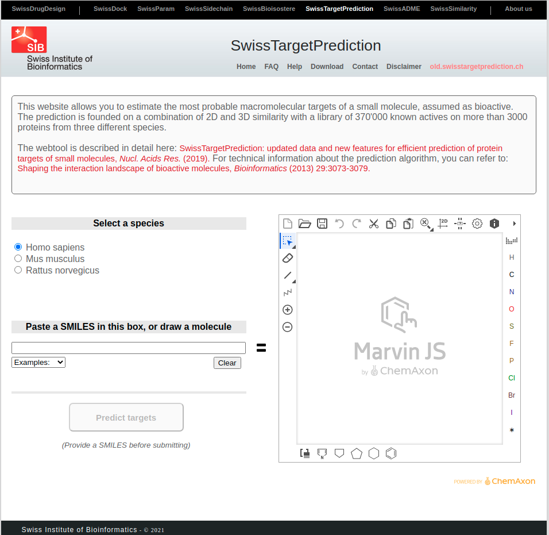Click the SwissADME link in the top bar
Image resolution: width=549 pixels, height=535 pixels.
tap(401, 9)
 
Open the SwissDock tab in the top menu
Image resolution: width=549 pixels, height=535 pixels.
tap(110, 9)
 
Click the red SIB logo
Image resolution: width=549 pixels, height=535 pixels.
tap(29, 40)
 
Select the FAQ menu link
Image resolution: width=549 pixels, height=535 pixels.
tap(272, 67)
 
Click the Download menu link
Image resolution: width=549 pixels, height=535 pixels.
tap(327, 67)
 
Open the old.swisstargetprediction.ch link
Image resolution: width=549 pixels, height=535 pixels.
tap(477, 67)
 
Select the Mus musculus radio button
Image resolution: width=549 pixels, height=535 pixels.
tap(18, 259)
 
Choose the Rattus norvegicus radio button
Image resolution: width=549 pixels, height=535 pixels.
tap(18, 270)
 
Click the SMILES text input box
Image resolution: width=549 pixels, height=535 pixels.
tap(129, 348)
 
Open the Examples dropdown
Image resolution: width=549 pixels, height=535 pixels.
tap(38, 362)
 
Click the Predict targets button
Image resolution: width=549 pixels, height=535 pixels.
tap(126, 417)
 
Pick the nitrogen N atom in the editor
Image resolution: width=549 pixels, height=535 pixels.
tap(512, 292)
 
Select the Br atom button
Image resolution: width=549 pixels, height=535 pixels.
tap(512, 395)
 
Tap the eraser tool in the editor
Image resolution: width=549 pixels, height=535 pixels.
tap(288, 258)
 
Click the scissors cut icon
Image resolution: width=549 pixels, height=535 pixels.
tap(374, 224)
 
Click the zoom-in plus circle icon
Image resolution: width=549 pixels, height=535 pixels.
tap(288, 310)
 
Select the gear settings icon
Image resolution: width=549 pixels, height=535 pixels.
tap(477, 224)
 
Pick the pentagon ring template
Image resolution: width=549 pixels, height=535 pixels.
tap(357, 454)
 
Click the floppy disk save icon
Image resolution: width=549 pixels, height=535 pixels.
tap(322, 224)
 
